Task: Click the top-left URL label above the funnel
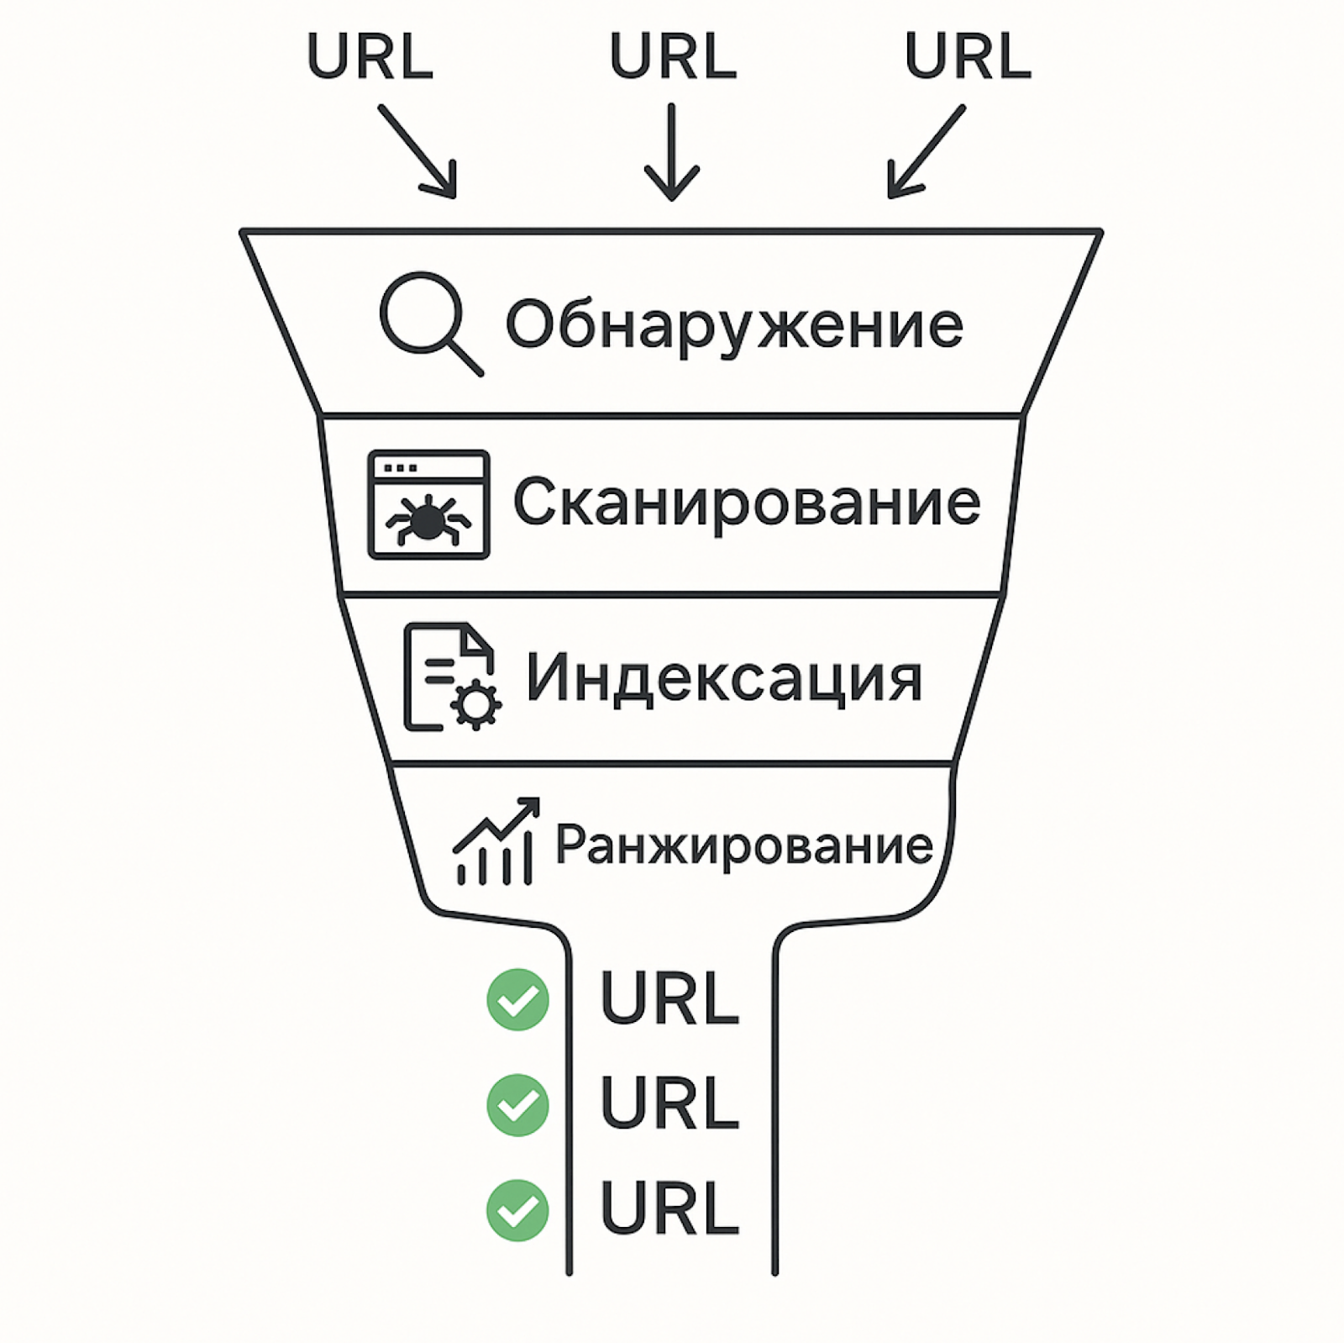click(370, 56)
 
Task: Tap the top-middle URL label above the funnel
click(673, 56)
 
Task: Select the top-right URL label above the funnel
click(968, 56)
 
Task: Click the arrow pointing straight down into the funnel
click(672, 152)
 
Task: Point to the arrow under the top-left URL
click(417, 151)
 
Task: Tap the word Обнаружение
click(734, 324)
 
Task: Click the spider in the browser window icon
click(428, 518)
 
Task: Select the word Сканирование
click(747, 502)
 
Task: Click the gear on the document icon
click(476, 703)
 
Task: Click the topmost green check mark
click(518, 999)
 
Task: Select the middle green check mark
click(518, 1104)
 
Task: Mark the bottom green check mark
click(518, 1210)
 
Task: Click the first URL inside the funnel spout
click(669, 998)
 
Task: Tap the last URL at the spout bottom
click(669, 1208)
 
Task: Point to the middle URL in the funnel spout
click(669, 1103)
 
